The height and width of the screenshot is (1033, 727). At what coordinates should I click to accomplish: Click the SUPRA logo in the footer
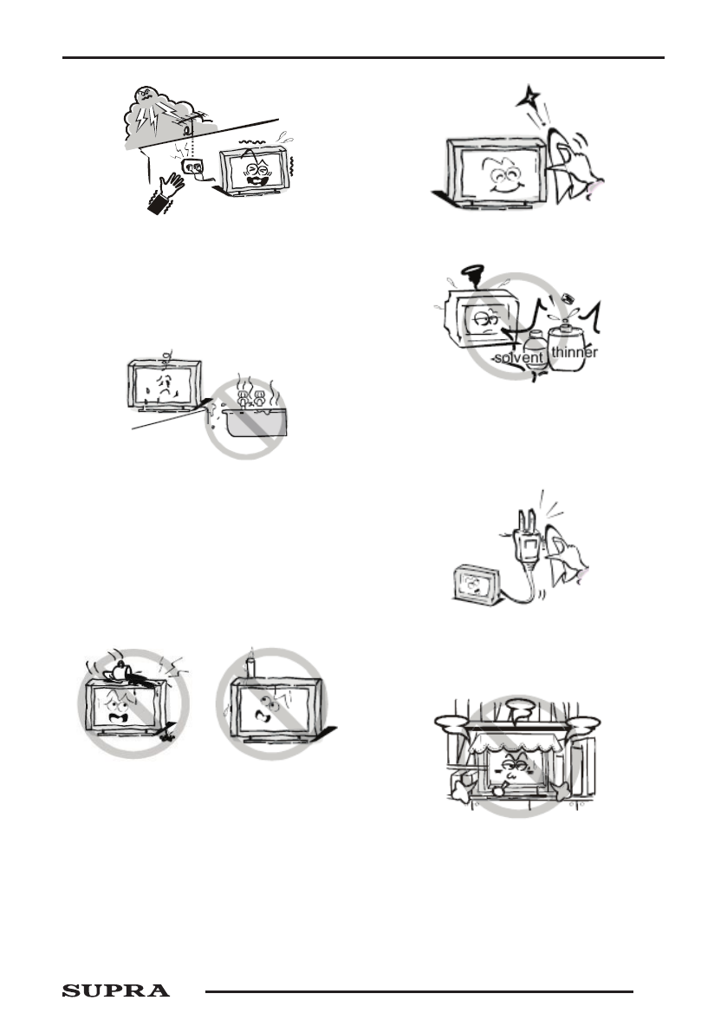(x=115, y=991)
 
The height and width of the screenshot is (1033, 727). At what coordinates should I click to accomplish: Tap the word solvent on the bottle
(x=518, y=357)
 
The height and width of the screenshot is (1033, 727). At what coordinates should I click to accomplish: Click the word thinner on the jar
(x=574, y=353)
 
